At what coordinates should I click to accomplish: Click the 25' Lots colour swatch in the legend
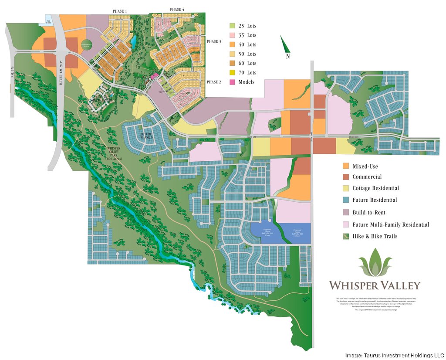tap(232, 26)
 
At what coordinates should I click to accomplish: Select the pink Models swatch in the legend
tap(232, 82)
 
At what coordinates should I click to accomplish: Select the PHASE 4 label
tap(177, 9)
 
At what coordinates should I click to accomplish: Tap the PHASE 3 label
tap(214, 41)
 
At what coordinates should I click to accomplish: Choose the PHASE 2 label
tap(214, 82)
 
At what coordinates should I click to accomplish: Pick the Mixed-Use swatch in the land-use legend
tap(346, 166)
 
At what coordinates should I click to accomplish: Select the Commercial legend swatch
tap(346, 177)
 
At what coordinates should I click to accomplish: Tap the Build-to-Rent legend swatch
tap(346, 212)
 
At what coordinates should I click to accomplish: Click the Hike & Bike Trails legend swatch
tap(346, 236)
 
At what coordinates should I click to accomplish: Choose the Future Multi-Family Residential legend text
tap(391, 224)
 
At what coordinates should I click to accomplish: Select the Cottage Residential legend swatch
tap(346, 188)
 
